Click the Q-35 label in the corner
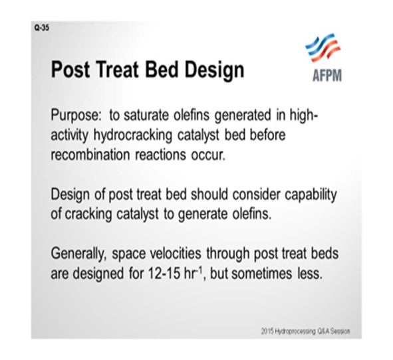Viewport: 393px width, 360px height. pyautogui.click(x=42, y=27)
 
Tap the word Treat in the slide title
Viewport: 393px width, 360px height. pyautogui.click(x=117, y=69)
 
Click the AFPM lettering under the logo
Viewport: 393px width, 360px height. pyautogui.click(x=327, y=75)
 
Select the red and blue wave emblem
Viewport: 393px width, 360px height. pyautogui.click(x=323, y=48)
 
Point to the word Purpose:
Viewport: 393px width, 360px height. pyautogui.click(x=76, y=116)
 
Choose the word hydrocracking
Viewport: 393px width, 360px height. pyautogui.click(x=133, y=136)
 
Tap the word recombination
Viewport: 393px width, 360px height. pyautogui.click(x=90, y=155)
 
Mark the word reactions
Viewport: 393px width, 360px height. pyautogui.click(x=161, y=155)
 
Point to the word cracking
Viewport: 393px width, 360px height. pyautogui.click(x=88, y=215)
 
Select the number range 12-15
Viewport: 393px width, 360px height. pyautogui.click(x=164, y=274)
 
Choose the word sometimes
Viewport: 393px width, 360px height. pyautogui.click(x=261, y=274)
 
